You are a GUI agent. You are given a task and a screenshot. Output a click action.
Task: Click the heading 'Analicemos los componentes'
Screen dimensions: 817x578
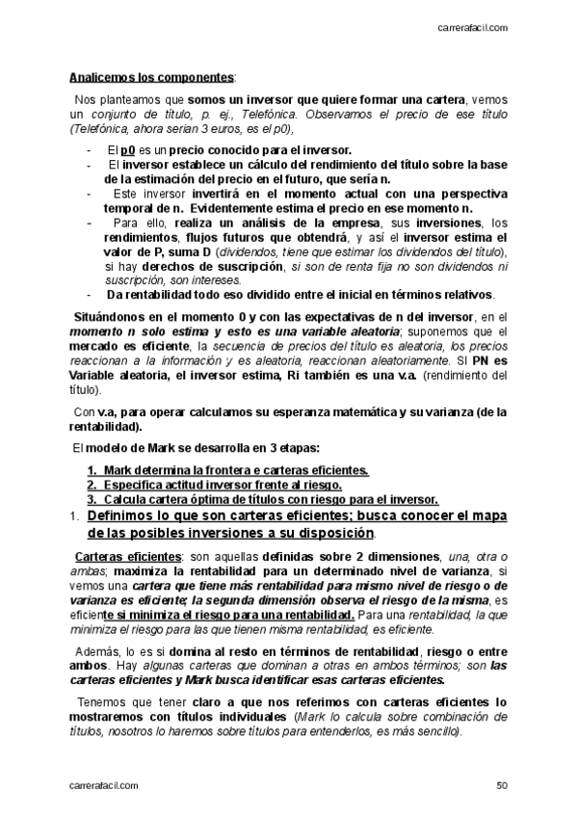(151, 76)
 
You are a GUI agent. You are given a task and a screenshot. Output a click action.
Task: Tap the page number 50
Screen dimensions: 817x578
(502, 785)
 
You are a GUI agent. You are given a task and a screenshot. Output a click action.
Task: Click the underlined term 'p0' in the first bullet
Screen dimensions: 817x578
(127, 150)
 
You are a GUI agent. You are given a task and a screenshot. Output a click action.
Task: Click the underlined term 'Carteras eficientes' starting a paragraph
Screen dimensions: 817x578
(115, 557)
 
